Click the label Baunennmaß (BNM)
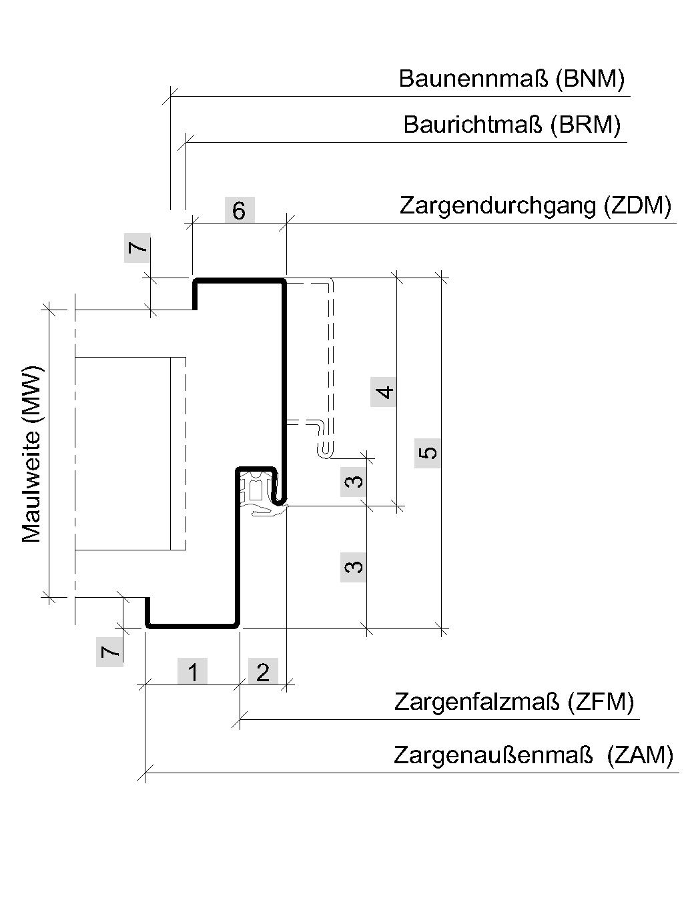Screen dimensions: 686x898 coord(511,79)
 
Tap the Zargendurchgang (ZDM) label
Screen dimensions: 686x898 coord(535,205)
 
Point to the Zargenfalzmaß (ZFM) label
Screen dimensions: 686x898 coord(514,702)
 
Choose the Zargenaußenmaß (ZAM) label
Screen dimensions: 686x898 coord(533,755)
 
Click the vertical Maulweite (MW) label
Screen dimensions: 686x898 coord(32,455)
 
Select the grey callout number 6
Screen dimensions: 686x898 coord(240,210)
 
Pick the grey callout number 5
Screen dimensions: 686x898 coord(428,452)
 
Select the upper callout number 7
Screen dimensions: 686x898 coord(137,248)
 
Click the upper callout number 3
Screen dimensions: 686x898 coord(354,482)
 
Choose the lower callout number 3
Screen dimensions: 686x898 coord(354,567)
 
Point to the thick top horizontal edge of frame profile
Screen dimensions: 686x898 coord(240,280)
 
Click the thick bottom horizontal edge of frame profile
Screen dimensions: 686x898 coord(192,626)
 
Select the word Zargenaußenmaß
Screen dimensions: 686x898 coord(493,755)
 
